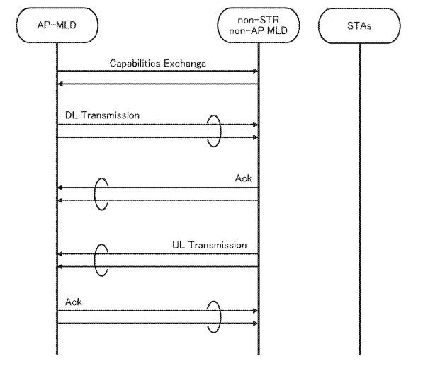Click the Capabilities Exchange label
click(158, 63)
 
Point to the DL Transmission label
click(102, 115)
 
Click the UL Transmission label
click(209, 245)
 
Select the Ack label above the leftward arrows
click(243, 178)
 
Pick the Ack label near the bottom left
click(74, 302)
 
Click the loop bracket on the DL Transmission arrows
click(221, 131)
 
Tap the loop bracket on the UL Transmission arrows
click(95, 261)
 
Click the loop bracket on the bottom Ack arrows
click(221, 317)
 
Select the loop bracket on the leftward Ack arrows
click(95, 194)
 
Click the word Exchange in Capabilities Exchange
click(185, 64)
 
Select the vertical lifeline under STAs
click(359, 199)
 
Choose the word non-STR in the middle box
click(258, 20)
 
